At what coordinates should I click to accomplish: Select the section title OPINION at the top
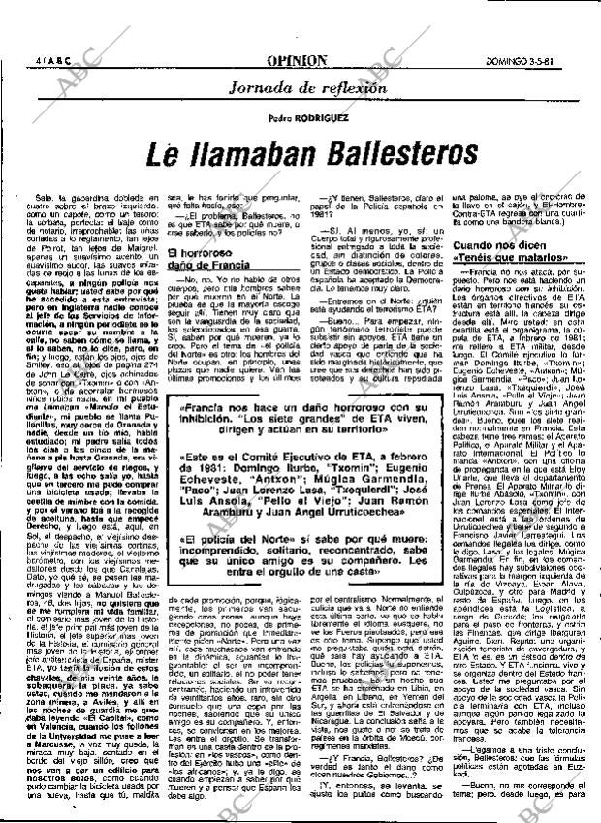point(300,60)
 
